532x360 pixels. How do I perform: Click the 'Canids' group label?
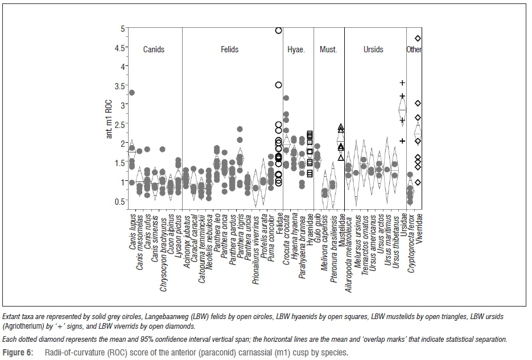(154, 49)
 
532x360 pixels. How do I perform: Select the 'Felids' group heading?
(229, 49)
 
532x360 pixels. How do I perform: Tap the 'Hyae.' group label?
(296, 49)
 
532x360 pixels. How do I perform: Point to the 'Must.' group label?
(328, 49)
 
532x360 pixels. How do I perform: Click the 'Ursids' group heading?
(373, 49)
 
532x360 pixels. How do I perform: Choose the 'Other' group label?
(414, 49)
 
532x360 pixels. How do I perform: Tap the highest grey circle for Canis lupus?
(132, 93)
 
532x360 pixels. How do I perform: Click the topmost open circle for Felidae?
(279, 31)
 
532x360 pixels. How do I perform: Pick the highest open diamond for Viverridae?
(418, 39)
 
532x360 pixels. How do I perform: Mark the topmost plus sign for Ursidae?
(402, 83)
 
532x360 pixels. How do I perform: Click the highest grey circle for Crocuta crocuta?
(286, 98)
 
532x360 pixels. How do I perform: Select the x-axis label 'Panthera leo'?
(217, 231)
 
